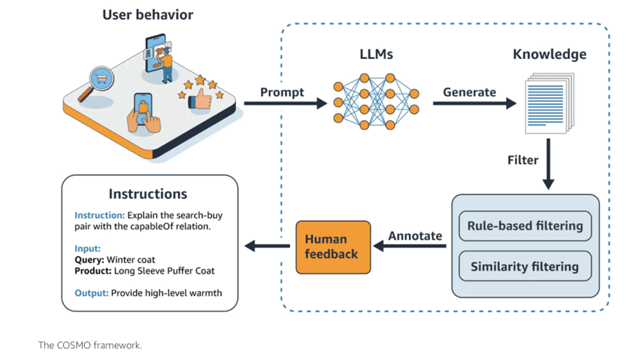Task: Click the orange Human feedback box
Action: [333, 247]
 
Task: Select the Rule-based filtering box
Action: [524, 226]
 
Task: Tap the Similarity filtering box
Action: [524, 267]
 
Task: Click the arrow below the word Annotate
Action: [410, 246]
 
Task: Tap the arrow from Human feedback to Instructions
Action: [267, 246]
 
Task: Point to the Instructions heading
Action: [148, 194]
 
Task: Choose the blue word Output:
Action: [92, 293]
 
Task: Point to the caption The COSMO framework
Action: [90, 345]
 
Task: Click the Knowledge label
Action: [549, 54]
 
